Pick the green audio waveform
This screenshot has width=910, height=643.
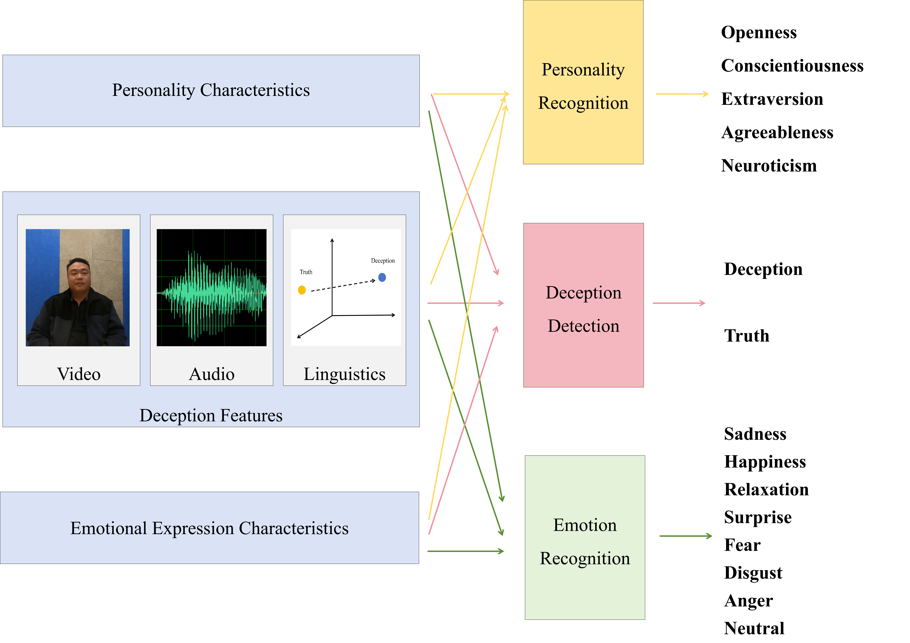pos(212,291)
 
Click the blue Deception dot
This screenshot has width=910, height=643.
pos(382,277)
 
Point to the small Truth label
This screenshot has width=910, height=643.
pos(306,272)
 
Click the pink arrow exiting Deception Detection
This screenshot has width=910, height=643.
pos(679,303)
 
